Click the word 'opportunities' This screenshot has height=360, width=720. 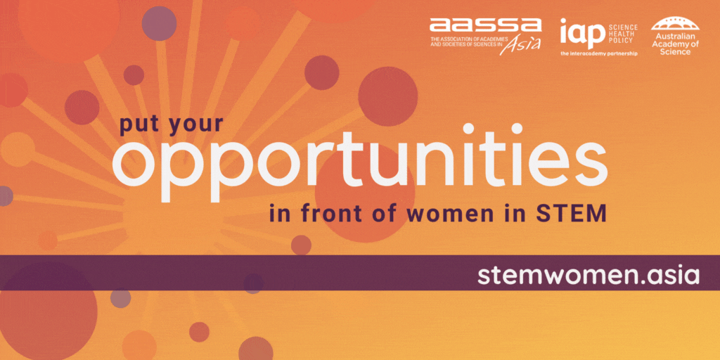[359, 163]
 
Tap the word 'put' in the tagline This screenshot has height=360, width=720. [139, 126]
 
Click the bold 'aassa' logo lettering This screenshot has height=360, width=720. [485, 26]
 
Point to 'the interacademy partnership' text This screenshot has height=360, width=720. [598, 54]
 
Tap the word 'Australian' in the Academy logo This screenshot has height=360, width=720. [674, 37]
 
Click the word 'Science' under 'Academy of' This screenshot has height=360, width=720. [674, 52]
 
